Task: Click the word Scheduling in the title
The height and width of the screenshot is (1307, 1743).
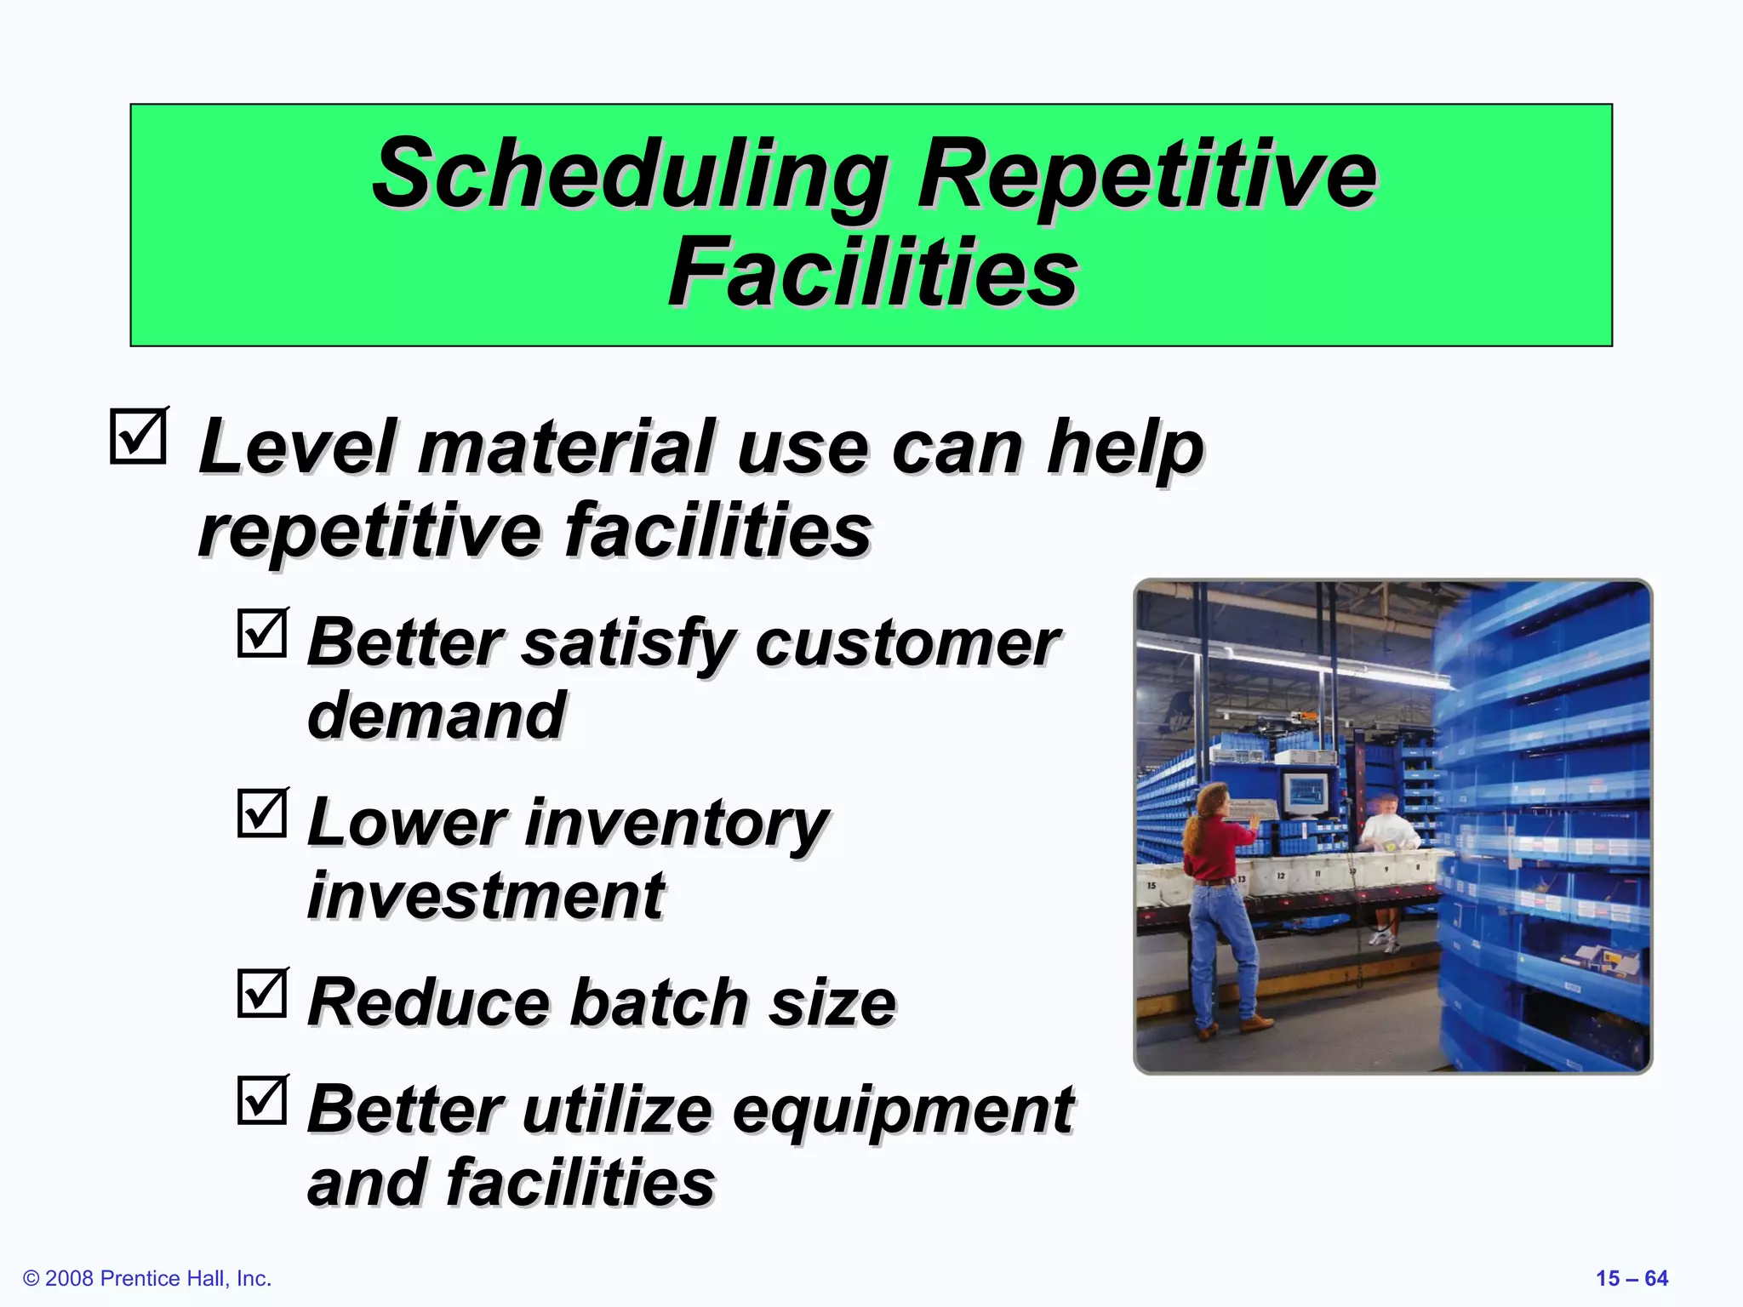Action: pyautogui.click(x=630, y=174)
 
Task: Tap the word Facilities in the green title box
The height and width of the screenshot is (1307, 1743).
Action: pyautogui.click(x=872, y=272)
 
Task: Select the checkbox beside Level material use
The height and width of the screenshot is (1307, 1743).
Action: pyautogui.click(x=138, y=437)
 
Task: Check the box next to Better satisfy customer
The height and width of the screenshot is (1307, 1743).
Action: pyautogui.click(x=262, y=633)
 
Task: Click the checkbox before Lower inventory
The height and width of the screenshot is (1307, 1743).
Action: pyautogui.click(x=262, y=813)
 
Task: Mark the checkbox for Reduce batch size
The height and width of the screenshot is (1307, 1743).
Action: pyautogui.click(x=262, y=993)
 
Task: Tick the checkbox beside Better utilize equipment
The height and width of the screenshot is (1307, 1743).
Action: pyautogui.click(x=262, y=1100)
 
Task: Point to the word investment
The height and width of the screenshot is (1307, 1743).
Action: pyautogui.click(x=485, y=896)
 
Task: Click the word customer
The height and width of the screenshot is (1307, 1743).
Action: pyautogui.click(x=906, y=642)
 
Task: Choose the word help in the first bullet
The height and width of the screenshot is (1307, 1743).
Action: pyautogui.click(x=1123, y=448)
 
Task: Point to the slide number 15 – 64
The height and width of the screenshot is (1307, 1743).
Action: pyautogui.click(x=1632, y=1278)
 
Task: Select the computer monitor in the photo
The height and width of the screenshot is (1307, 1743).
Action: pyautogui.click(x=1306, y=793)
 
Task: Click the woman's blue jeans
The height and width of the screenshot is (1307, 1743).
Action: pyautogui.click(x=1221, y=945)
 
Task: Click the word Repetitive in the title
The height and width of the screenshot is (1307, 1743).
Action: pyautogui.click(x=1146, y=174)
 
